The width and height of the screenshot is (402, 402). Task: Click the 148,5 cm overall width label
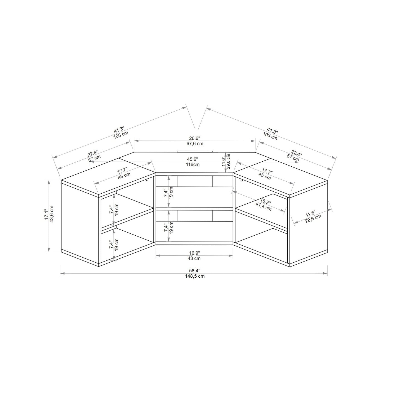(x=195, y=277)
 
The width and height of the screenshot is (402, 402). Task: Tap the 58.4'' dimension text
(x=195, y=271)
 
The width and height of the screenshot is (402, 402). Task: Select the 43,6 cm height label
(x=52, y=214)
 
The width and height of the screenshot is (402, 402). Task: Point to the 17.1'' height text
(x=46, y=215)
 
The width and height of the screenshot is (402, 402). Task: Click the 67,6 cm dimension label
(x=195, y=144)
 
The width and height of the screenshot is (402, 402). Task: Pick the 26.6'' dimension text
(x=195, y=138)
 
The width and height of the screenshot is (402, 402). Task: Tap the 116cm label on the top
(x=193, y=164)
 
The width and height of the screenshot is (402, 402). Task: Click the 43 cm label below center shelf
(x=194, y=258)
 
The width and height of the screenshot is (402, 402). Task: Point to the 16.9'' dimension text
(x=194, y=253)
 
